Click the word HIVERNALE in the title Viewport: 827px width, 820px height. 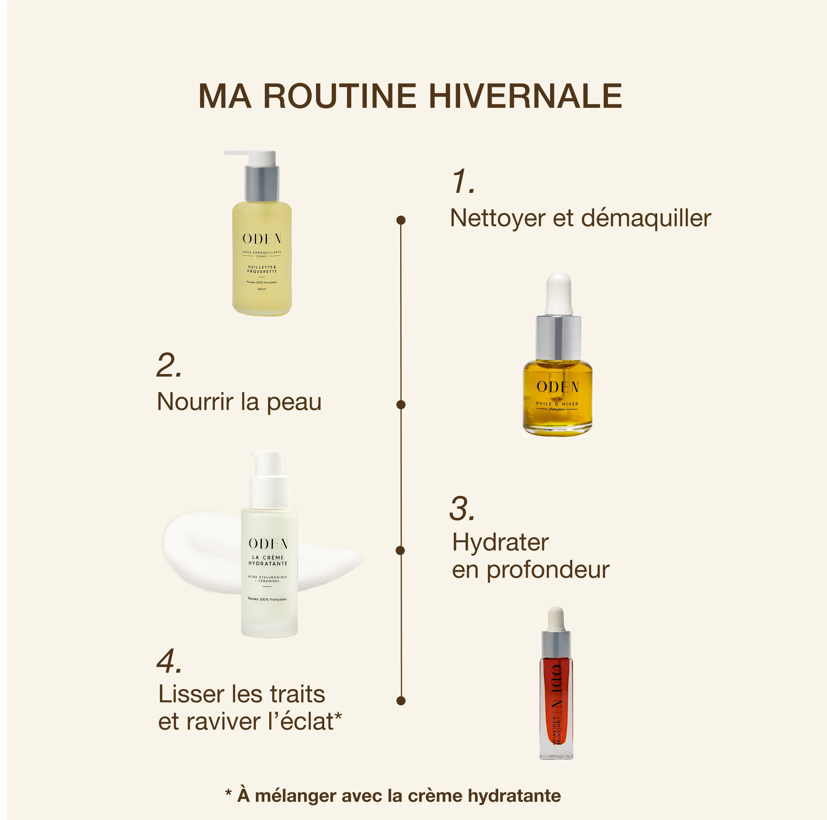[x=525, y=96]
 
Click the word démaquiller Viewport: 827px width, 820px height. [x=646, y=218]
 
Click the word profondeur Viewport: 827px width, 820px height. [x=548, y=570]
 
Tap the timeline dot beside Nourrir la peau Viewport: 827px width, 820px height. [x=401, y=404]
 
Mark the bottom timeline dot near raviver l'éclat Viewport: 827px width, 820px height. [x=401, y=700]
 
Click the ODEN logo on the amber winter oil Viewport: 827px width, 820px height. [x=558, y=387]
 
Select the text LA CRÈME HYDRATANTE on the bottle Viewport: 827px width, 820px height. [x=268, y=561]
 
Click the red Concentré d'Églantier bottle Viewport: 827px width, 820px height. [x=556, y=702]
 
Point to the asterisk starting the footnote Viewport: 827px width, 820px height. [x=229, y=793]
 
